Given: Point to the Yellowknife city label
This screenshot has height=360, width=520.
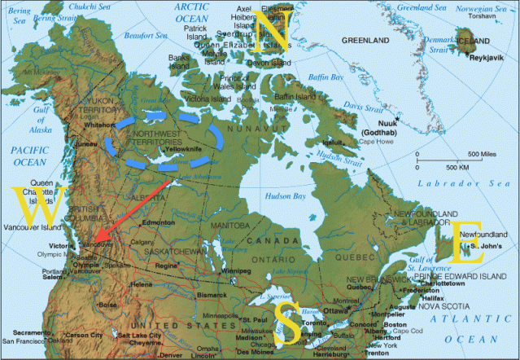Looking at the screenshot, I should click(x=185, y=151).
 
